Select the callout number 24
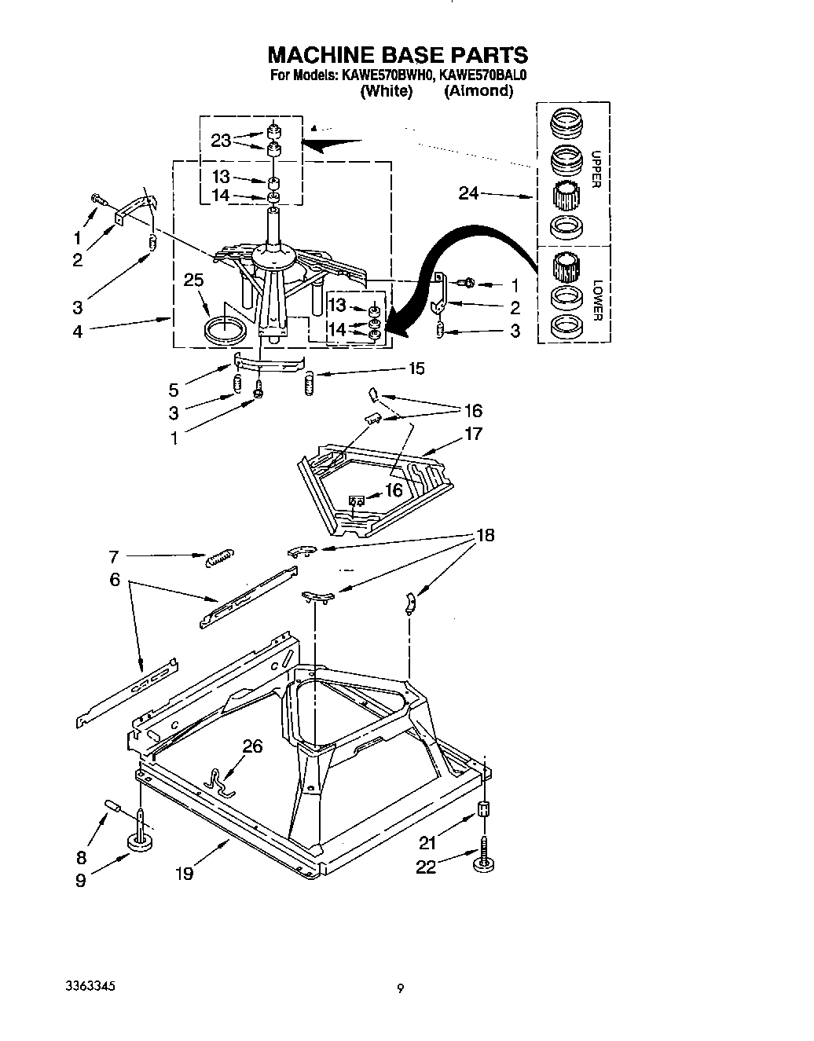(468, 193)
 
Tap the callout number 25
(193, 280)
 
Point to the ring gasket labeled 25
(223, 331)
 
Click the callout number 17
(473, 434)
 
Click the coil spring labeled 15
(308, 383)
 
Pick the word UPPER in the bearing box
(596, 170)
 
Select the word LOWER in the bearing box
(596, 300)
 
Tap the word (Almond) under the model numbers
(478, 91)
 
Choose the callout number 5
(173, 389)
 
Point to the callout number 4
(77, 332)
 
